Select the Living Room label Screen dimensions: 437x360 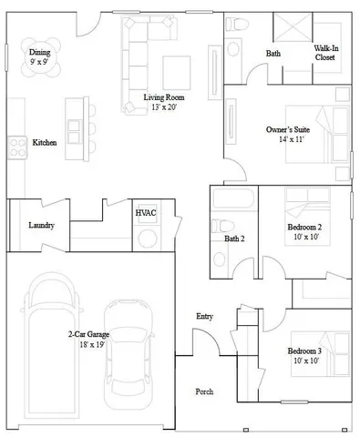[x=166, y=97]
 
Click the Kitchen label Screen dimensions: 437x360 [x=46, y=143]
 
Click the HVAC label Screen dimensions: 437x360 [x=146, y=212]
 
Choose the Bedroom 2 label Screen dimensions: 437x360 [x=305, y=230]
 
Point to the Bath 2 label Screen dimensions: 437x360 [x=234, y=239]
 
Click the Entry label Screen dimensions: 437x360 [x=204, y=316]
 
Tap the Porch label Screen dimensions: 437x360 [x=204, y=391]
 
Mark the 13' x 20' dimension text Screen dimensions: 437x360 [x=166, y=107]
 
